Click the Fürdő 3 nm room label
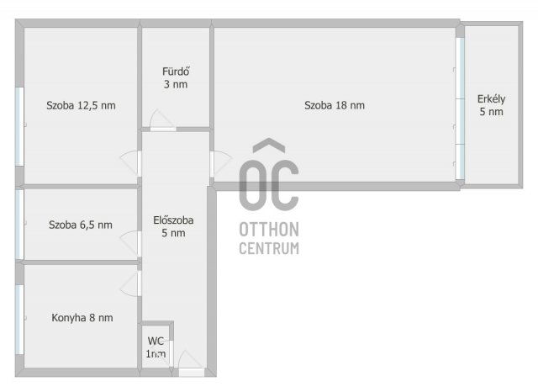click(x=176, y=78)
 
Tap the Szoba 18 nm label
click(x=335, y=105)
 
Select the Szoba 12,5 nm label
click(x=81, y=105)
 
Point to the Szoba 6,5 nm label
click(x=81, y=225)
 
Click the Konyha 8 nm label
click(x=82, y=317)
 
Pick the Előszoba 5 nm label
click(x=173, y=226)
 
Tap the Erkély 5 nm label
click(x=491, y=105)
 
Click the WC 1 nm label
click(x=156, y=347)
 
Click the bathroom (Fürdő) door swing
click(x=162, y=120)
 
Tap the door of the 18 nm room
click(x=221, y=164)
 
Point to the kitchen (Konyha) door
click(x=131, y=283)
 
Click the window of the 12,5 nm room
click(x=19, y=127)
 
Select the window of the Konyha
click(x=19, y=319)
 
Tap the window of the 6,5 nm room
click(x=19, y=225)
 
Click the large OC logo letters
click(x=269, y=175)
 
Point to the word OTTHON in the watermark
click(x=269, y=230)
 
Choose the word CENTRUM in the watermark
click(x=269, y=248)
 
